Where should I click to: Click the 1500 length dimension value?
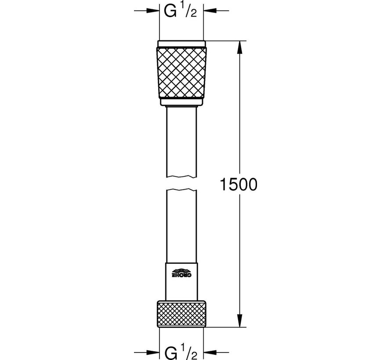point(239,184)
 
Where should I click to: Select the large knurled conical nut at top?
point(181,72)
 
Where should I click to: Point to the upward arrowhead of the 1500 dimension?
point(239,45)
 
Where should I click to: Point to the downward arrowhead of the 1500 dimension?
point(239,324)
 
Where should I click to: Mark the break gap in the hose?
point(181,184)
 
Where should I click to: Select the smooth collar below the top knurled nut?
point(181,103)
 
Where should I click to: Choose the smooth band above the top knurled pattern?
point(181,43)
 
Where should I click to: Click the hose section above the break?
point(181,140)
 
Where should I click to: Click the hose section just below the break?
point(181,224)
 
